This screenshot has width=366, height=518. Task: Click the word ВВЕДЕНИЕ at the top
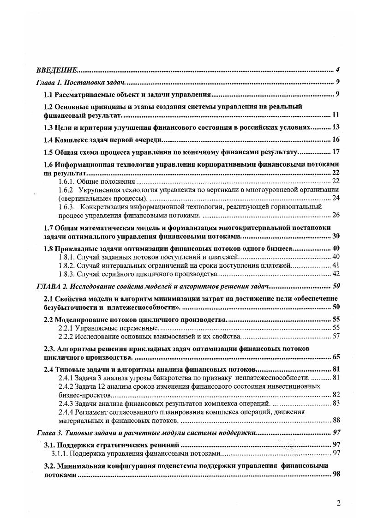(x=56, y=70)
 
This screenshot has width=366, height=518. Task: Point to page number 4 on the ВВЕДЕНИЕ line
(x=338, y=70)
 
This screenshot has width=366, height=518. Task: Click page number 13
(x=336, y=127)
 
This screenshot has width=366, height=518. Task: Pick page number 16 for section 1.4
(x=336, y=140)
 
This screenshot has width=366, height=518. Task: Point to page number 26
(x=336, y=215)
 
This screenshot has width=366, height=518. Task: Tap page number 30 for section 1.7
(x=336, y=236)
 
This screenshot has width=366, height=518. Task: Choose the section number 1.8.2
(x=67, y=265)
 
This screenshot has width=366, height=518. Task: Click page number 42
(x=336, y=273)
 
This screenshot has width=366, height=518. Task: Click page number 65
(x=336, y=357)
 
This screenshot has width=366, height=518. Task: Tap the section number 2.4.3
(x=67, y=404)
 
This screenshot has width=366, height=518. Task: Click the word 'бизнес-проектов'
(x=85, y=395)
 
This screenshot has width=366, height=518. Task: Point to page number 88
(x=336, y=420)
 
